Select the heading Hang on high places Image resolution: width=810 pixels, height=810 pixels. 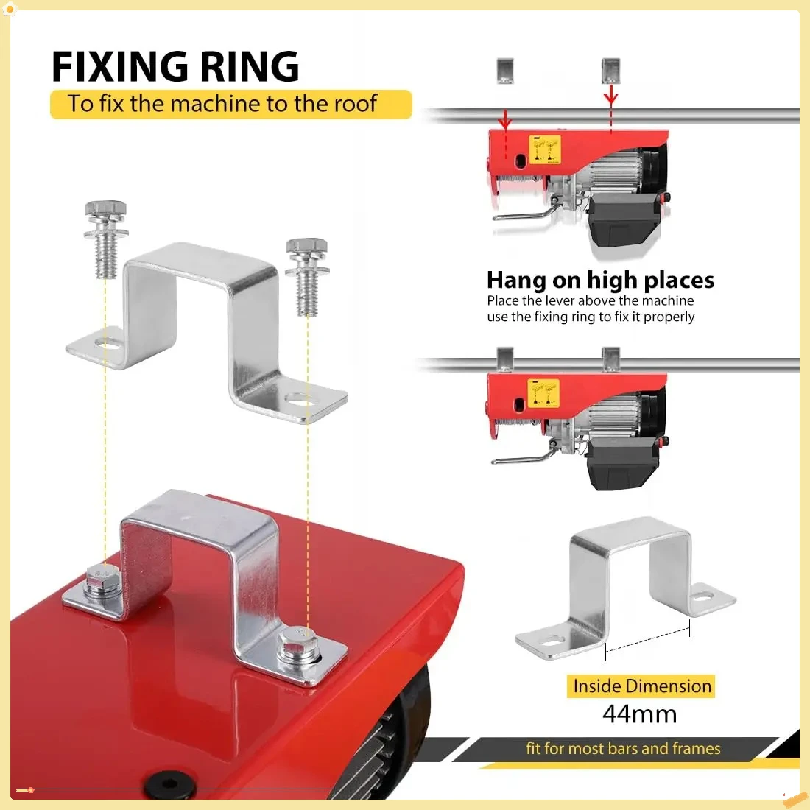pos(600,281)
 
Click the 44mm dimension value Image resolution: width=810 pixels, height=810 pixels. pos(639,714)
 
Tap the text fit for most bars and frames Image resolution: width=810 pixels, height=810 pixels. pos(623,749)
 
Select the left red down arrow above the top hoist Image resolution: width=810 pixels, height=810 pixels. pos(505,118)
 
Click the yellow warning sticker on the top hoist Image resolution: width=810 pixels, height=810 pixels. pos(545,149)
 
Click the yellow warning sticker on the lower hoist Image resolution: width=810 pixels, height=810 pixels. pos(543,393)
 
